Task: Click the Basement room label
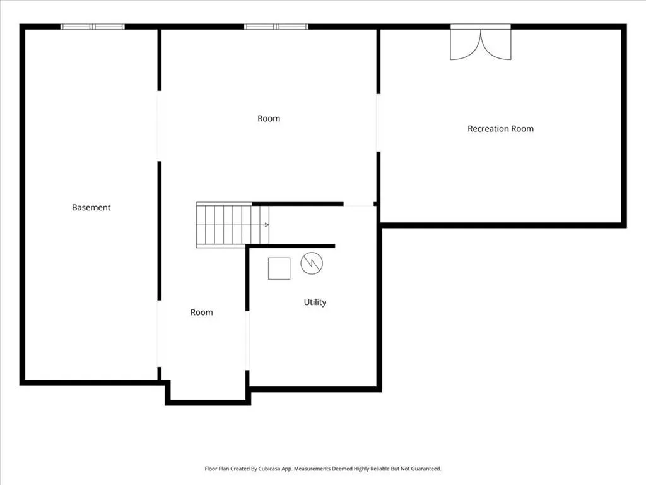(x=91, y=207)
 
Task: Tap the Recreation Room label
(x=500, y=129)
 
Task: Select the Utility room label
(x=315, y=302)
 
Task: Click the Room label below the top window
(x=269, y=119)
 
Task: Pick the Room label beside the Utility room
(x=201, y=313)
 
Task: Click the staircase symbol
(x=233, y=225)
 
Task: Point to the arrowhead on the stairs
(x=267, y=225)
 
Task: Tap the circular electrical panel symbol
(x=312, y=263)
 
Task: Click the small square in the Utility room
(x=279, y=268)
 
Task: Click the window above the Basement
(x=93, y=27)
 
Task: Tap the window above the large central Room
(x=276, y=27)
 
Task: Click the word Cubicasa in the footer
(x=269, y=469)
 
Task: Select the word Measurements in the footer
(x=312, y=469)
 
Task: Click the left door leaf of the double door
(x=465, y=45)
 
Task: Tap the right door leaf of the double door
(x=496, y=45)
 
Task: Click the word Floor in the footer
(x=210, y=469)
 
